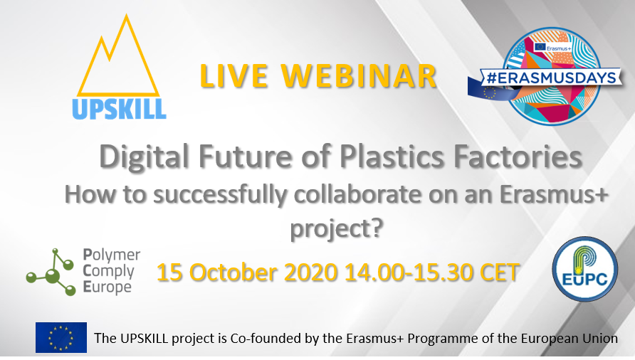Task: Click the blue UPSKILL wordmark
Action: point(119,110)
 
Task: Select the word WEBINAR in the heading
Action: point(360,75)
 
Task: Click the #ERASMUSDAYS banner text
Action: point(551,78)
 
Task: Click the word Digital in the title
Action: point(145,157)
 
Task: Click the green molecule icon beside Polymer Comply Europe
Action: point(51,272)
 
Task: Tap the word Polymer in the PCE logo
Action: point(112,255)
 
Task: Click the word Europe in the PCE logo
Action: point(107,287)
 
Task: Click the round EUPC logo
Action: point(584,269)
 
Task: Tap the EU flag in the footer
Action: point(61,337)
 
